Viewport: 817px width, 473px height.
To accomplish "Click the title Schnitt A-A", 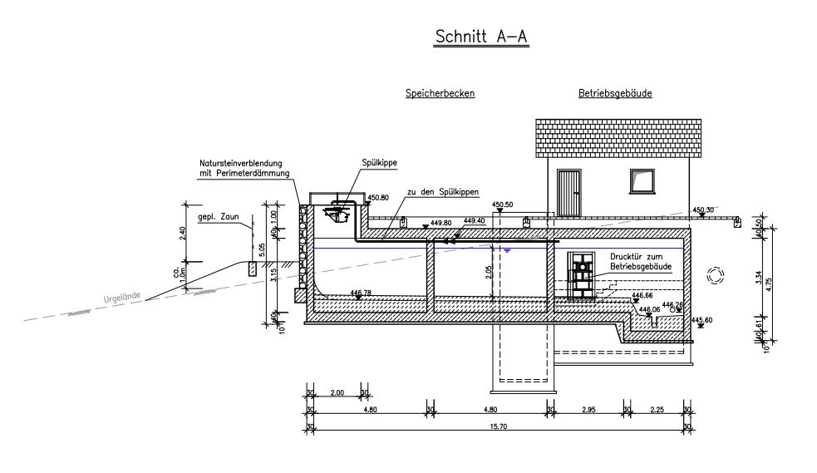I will tap(482, 37).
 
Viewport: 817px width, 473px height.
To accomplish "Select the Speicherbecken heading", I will tap(440, 94).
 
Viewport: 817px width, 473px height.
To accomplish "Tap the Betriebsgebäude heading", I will tap(615, 94).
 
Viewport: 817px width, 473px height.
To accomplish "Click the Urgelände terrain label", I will tap(121, 297).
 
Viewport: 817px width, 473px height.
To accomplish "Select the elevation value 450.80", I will tap(377, 198).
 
